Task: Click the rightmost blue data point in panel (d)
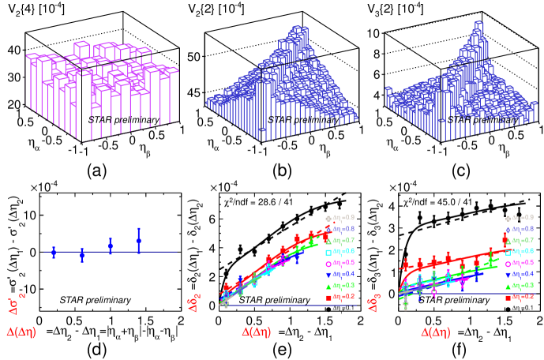coord(139,241)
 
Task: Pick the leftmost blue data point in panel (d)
coord(54,253)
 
